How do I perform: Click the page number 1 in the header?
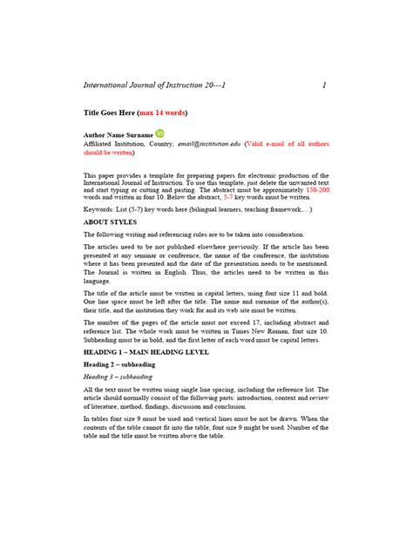point(323,85)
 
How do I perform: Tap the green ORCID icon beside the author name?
point(160,133)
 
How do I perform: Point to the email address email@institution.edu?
point(208,143)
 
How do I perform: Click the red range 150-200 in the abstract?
point(317,188)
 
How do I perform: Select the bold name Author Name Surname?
point(118,135)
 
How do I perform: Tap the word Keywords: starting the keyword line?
point(99,210)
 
